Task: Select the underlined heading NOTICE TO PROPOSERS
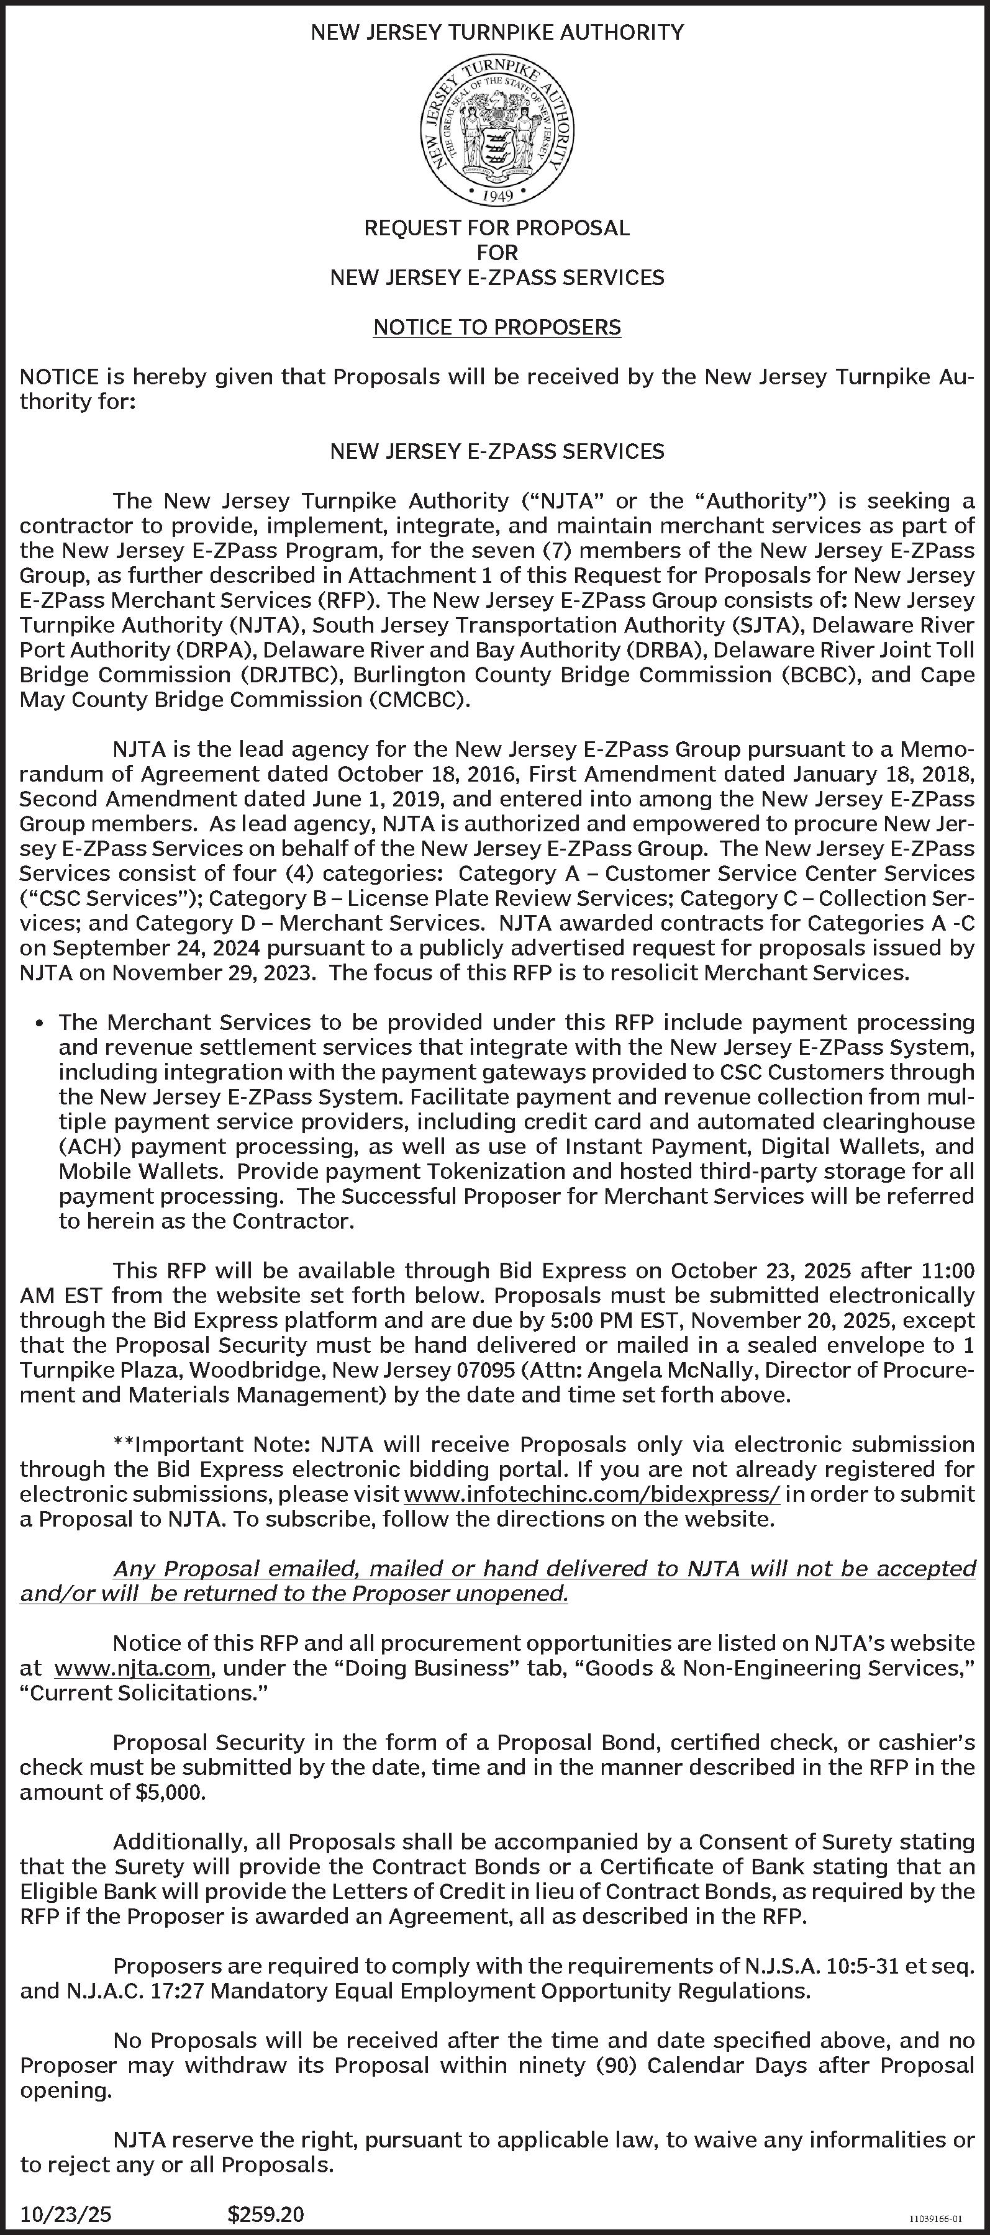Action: (x=497, y=327)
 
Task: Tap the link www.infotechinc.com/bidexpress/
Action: (x=592, y=1494)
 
